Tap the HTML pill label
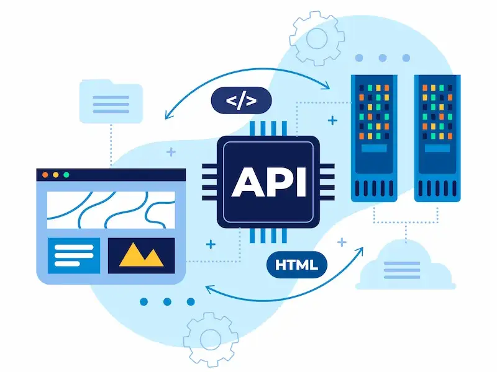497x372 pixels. click(x=296, y=265)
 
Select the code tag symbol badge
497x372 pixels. click(x=241, y=100)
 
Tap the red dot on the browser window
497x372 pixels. click(x=45, y=175)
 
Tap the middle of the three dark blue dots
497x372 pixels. click(x=167, y=302)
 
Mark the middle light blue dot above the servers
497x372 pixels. click(x=383, y=58)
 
